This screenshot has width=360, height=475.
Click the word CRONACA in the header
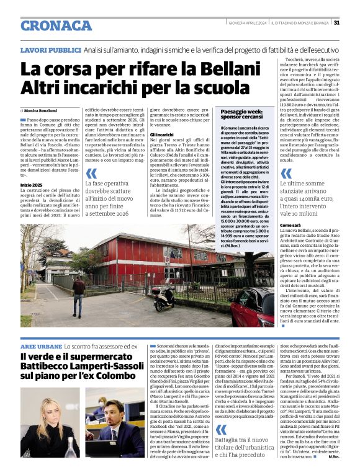pyautogui.click(x=55, y=25)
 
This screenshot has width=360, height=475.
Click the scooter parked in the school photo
pyautogui.click(x=164, y=298)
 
